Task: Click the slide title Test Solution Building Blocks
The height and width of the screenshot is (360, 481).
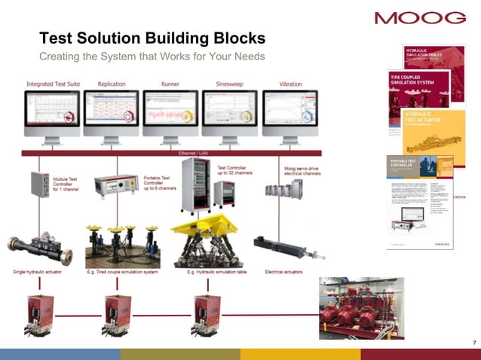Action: click(x=152, y=38)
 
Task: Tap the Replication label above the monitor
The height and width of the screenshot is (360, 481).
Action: click(x=112, y=84)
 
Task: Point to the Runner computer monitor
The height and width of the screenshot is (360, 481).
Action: click(x=170, y=112)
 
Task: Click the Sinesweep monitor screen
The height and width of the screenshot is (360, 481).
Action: click(x=230, y=110)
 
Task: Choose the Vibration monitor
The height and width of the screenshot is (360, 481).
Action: click(x=290, y=112)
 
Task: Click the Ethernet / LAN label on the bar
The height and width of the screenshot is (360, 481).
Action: click(x=193, y=153)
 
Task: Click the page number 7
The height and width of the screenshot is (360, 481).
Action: click(x=473, y=343)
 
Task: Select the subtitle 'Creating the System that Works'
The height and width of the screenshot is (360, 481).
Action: click(x=152, y=58)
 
